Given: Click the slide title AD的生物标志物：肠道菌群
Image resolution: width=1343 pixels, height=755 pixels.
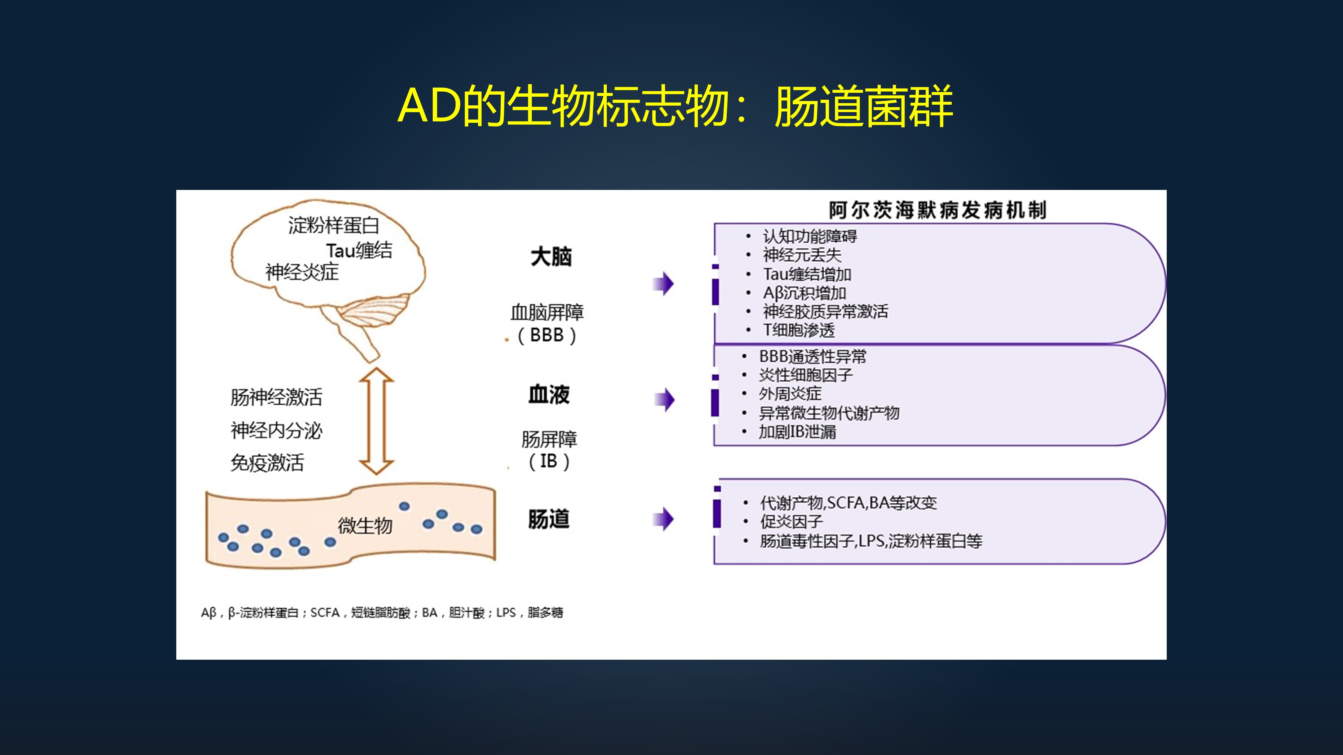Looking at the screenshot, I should [675, 106].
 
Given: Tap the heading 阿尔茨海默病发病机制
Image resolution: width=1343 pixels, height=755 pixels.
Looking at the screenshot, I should [937, 210].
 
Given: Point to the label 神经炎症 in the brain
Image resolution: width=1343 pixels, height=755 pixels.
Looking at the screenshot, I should [302, 272].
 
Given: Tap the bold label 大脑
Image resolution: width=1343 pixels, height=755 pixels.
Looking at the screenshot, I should [551, 257].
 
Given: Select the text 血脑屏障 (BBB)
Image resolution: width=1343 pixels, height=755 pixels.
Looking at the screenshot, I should [547, 323].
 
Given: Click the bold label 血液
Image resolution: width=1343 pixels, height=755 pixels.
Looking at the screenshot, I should [549, 394].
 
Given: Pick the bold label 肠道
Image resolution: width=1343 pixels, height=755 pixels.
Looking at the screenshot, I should [549, 519].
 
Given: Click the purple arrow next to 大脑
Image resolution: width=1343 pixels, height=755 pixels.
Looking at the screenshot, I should [664, 284].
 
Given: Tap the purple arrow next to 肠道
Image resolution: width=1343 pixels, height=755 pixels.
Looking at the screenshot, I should [664, 519].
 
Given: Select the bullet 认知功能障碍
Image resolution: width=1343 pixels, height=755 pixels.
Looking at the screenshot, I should [809, 237].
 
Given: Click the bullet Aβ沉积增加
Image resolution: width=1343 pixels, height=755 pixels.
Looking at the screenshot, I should [804, 293].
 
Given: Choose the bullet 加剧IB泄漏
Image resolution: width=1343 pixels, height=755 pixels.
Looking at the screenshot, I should [797, 432].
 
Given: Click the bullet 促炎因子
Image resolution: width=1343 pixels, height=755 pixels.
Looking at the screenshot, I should [791, 521].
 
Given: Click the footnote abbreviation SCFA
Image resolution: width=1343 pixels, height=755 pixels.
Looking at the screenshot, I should [325, 613].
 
